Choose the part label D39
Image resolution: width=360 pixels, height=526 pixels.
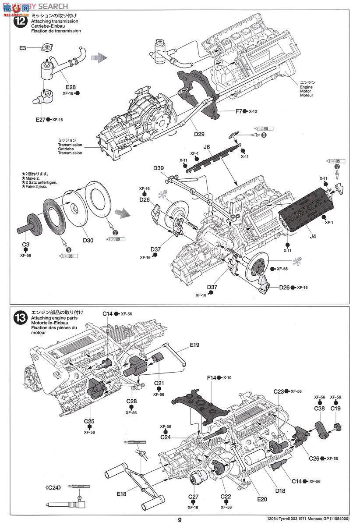(x=159, y=168)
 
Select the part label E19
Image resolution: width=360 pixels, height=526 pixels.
(x=195, y=345)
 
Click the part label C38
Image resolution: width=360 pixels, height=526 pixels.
(x=319, y=408)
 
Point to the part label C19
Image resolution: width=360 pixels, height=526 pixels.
(x=336, y=408)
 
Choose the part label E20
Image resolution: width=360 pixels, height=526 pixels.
(x=262, y=499)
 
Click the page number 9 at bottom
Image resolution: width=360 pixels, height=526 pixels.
(x=180, y=520)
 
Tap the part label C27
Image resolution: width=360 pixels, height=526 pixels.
(x=193, y=497)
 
